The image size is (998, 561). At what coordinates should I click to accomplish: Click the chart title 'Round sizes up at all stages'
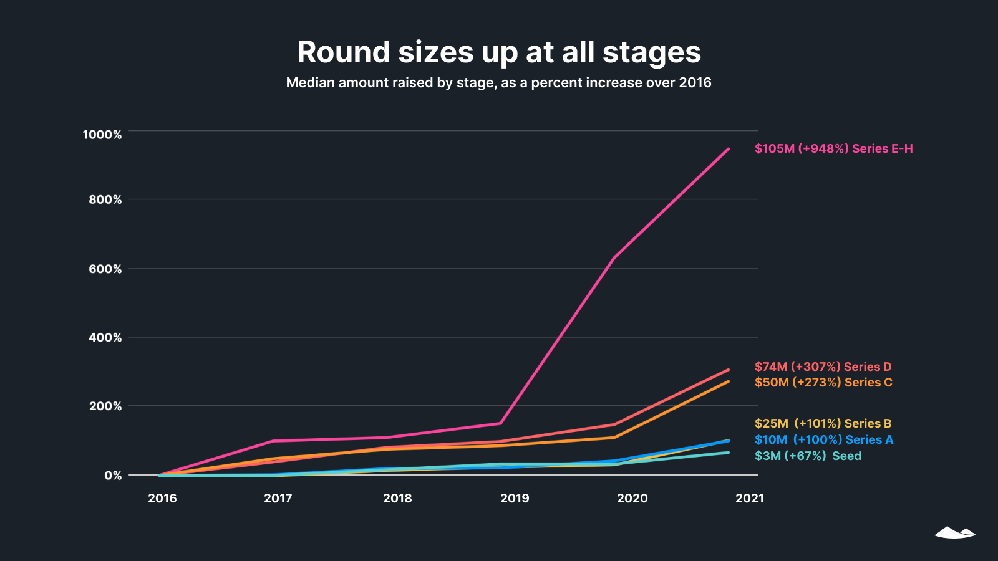pyautogui.click(x=499, y=52)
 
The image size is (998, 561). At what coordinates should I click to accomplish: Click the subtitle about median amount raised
pyautogui.click(x=498, y=83)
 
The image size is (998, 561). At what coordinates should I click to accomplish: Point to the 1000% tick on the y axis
pyautogui.click(x=102, y=135)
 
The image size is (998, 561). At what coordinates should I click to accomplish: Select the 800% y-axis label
pyautogui.click(x=105, y=200)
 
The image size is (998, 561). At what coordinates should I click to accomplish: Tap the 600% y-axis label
pyautogui.click(x=105, y=269)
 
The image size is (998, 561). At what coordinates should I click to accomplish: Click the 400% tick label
pyautogui.click(x=105, y=338)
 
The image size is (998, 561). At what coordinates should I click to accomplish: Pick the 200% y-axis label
pyautogui.click(x=105, y=406)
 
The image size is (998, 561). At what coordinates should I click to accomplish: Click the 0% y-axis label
pyautogui.click(x=113, y=476)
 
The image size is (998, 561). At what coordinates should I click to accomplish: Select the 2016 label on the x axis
pyautogui.click(x=162, y=498)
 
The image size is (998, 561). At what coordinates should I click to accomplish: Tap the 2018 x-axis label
pyautogui.click(x=397, y=498)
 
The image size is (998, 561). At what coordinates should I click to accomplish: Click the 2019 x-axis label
pyautogui.click(x=515, y=498)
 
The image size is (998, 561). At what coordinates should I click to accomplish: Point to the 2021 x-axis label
pyautogui.click(x=749, y=498)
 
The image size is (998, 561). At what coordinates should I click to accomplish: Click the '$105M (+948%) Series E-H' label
pyautogui.click(x=833, y=148)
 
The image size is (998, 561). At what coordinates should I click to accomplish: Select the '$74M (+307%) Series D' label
pyautogui.click(x=823, y=367)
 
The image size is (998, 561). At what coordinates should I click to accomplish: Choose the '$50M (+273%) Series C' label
pyautogui.click(x=823, y=382)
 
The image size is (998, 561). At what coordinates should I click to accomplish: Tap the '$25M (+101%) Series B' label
pyautogui.click(x=823, y=423)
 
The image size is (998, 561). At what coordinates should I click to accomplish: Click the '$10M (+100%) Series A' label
pyautogui.click(x=823, y=439)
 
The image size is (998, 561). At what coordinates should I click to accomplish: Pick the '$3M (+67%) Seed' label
pyautogui.click(x=808, y=456)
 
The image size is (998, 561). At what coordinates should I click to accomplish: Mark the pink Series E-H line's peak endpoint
pyautogui.click(x=728, y=149)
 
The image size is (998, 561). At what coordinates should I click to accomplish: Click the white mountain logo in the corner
pyautogui.click(x=954, y=532)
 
